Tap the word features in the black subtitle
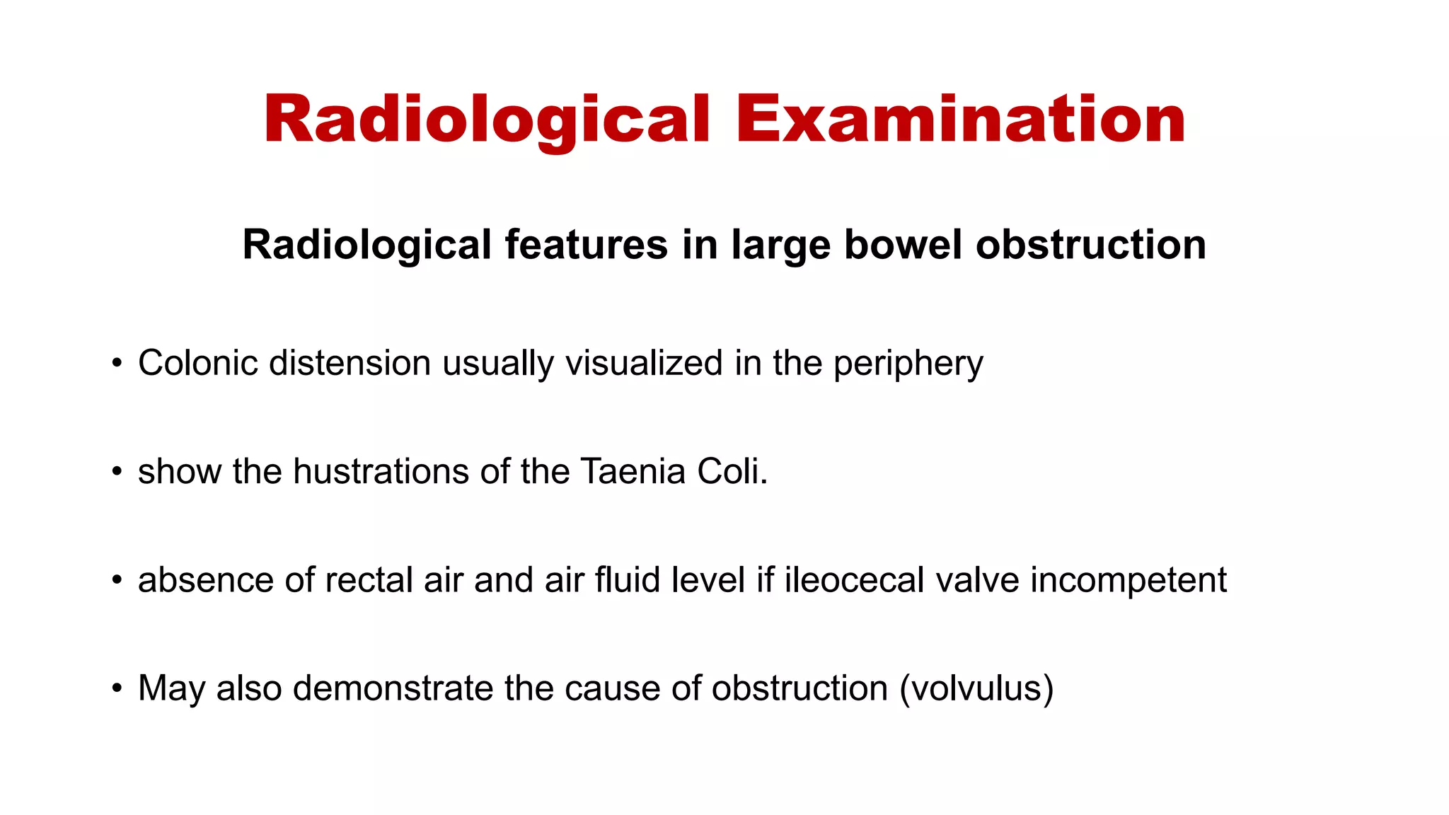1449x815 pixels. pyautogui.click(x=586, y=245)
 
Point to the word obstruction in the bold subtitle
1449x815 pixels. pyautogui.click(x=1090, y=245)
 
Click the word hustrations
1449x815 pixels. pyautogui.click(x=381, y=471)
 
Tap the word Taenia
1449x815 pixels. pyautogui.click(x=633, y=471)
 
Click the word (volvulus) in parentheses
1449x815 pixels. pyautogui.click(x=976, y=688)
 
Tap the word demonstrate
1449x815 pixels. pyautogui.click(x=393, y=688)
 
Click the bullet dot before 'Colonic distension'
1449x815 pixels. pyautogui.click(x=117, y=364)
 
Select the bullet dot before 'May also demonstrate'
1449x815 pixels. pyautogui.click(x=117, y=689)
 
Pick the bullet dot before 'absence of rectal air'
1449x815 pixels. pyautogui.click(x=117, y=581)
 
